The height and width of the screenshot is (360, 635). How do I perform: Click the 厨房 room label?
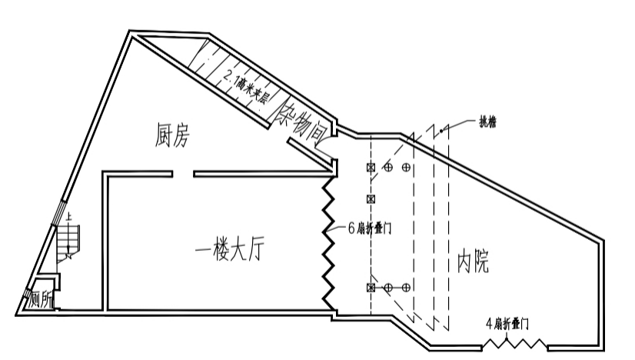(x=171, y=136)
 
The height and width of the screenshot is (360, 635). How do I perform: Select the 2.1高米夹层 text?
(x=246, y=87)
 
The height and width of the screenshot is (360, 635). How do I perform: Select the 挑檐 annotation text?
(x=487, y=122)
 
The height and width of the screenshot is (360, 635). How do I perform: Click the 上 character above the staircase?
(x=70, y=218)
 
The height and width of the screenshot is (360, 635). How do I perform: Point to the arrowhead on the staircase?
(x=71, y=255)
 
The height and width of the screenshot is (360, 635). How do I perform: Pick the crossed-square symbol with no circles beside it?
(x=371, y=199)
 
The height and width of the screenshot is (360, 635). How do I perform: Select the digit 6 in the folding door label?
(x=351, y=229)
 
